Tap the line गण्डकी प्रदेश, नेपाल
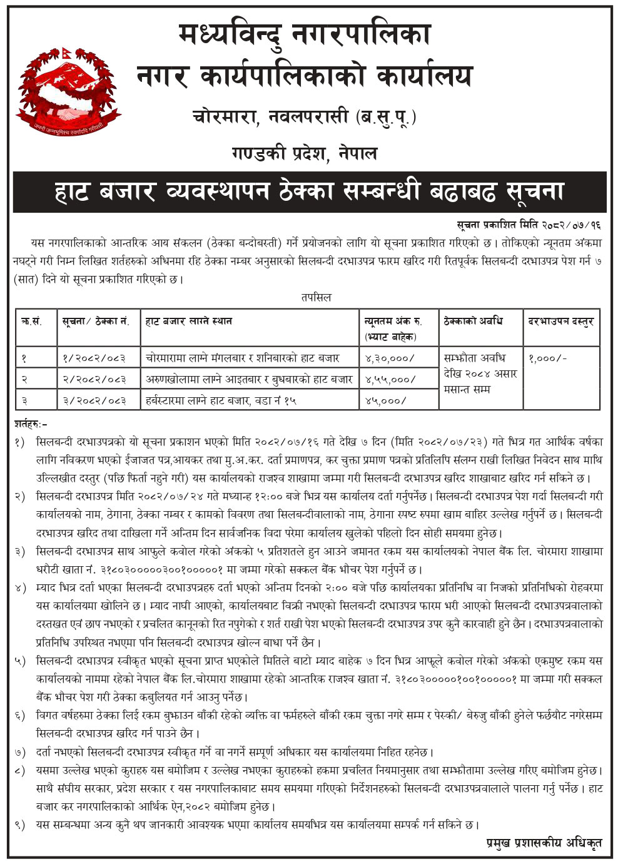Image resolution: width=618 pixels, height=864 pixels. click(x=305, y=153)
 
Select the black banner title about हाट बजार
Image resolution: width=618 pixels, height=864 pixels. click(x=309, y=191)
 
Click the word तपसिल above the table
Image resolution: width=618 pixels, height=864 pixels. click(x=315, y=297)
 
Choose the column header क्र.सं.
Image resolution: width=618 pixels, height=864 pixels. click(x=31, y=322)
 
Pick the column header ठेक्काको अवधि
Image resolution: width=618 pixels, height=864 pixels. click(x=474, y=322)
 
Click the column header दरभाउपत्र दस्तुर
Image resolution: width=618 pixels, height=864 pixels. click(x=560, y=322)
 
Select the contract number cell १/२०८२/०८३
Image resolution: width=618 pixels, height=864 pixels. click(x=94, y=358)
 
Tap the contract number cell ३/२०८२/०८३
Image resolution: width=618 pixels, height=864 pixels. click(x=94, y=400)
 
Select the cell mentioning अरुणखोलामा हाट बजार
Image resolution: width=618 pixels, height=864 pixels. click(x=249, y=379)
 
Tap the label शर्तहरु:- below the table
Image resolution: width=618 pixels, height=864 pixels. click(x=31, y=424)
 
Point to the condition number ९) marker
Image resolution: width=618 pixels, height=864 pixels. click(x=21, y=825)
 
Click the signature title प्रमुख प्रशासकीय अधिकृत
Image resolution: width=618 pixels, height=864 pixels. click(x=544, y=843)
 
